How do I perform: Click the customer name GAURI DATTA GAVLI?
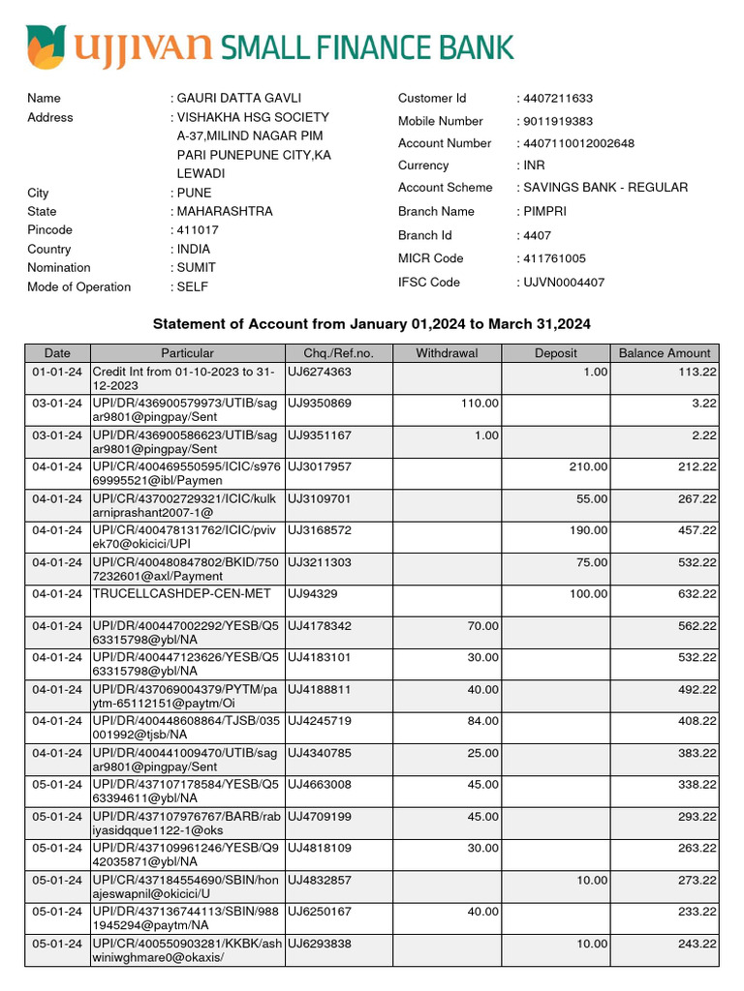[239, 98]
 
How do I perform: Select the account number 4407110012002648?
[578, 143]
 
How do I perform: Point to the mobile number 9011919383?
[557, 121]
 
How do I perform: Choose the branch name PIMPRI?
[549, 211]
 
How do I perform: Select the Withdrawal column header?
[447, 353]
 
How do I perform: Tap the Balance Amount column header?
[665, 353]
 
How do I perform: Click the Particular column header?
[187, 353]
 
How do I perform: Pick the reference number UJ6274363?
[319, 372]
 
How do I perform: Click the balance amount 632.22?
[697, 593]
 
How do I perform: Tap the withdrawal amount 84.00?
[482, 721]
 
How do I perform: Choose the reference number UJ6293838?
[319, 945]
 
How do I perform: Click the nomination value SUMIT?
[197, 268]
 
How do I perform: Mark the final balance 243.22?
[697, 945]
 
